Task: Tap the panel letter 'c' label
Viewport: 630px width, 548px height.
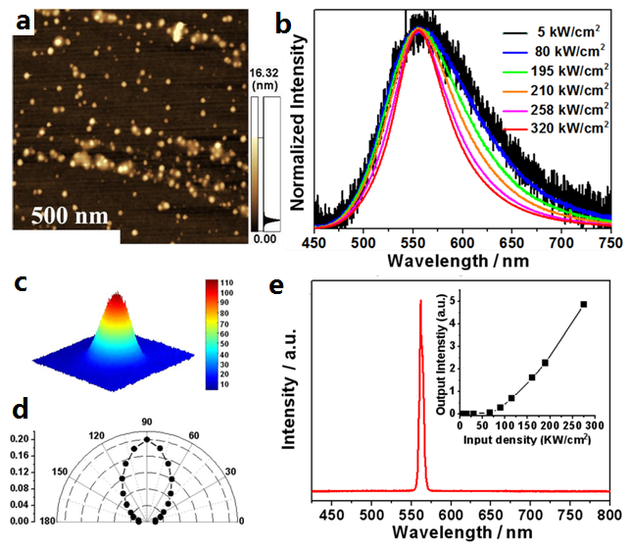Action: point(21,285)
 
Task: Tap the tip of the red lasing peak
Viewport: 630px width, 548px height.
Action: point(421,301)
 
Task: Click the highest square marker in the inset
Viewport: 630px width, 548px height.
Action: point(584,304)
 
